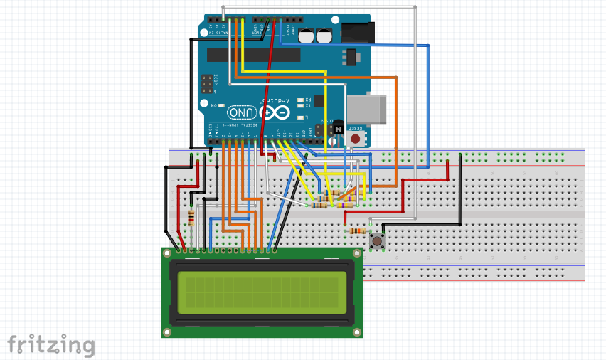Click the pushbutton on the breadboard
[x=378, y=242]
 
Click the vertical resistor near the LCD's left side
[x=191, y=217]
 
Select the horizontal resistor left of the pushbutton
[x=356, y=231]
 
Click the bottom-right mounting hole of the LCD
[x=357, y=332]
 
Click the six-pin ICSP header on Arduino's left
[x=207, y=84]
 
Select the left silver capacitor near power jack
[x=307, y=36]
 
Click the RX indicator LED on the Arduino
[x=301, y=100]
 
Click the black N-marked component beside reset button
[x=338, y=128]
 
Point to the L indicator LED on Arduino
[x=301, y=117]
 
